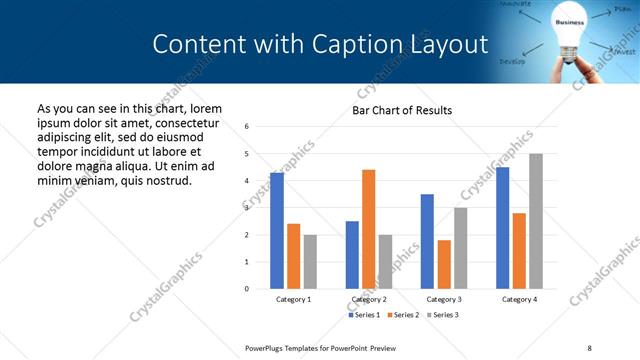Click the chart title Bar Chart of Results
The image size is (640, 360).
point(401,110)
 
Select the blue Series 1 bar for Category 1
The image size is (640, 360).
point(277,231)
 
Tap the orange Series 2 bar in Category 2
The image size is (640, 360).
point(368,229)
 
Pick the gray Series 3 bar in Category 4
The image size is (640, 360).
point(535,221)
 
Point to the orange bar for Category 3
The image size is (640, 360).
point(444,264)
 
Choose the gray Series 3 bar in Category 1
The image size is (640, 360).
point(310,261)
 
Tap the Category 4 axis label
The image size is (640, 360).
point(518,299)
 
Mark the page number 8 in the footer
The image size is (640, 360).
point(588,347)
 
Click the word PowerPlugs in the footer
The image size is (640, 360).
point(270,347)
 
